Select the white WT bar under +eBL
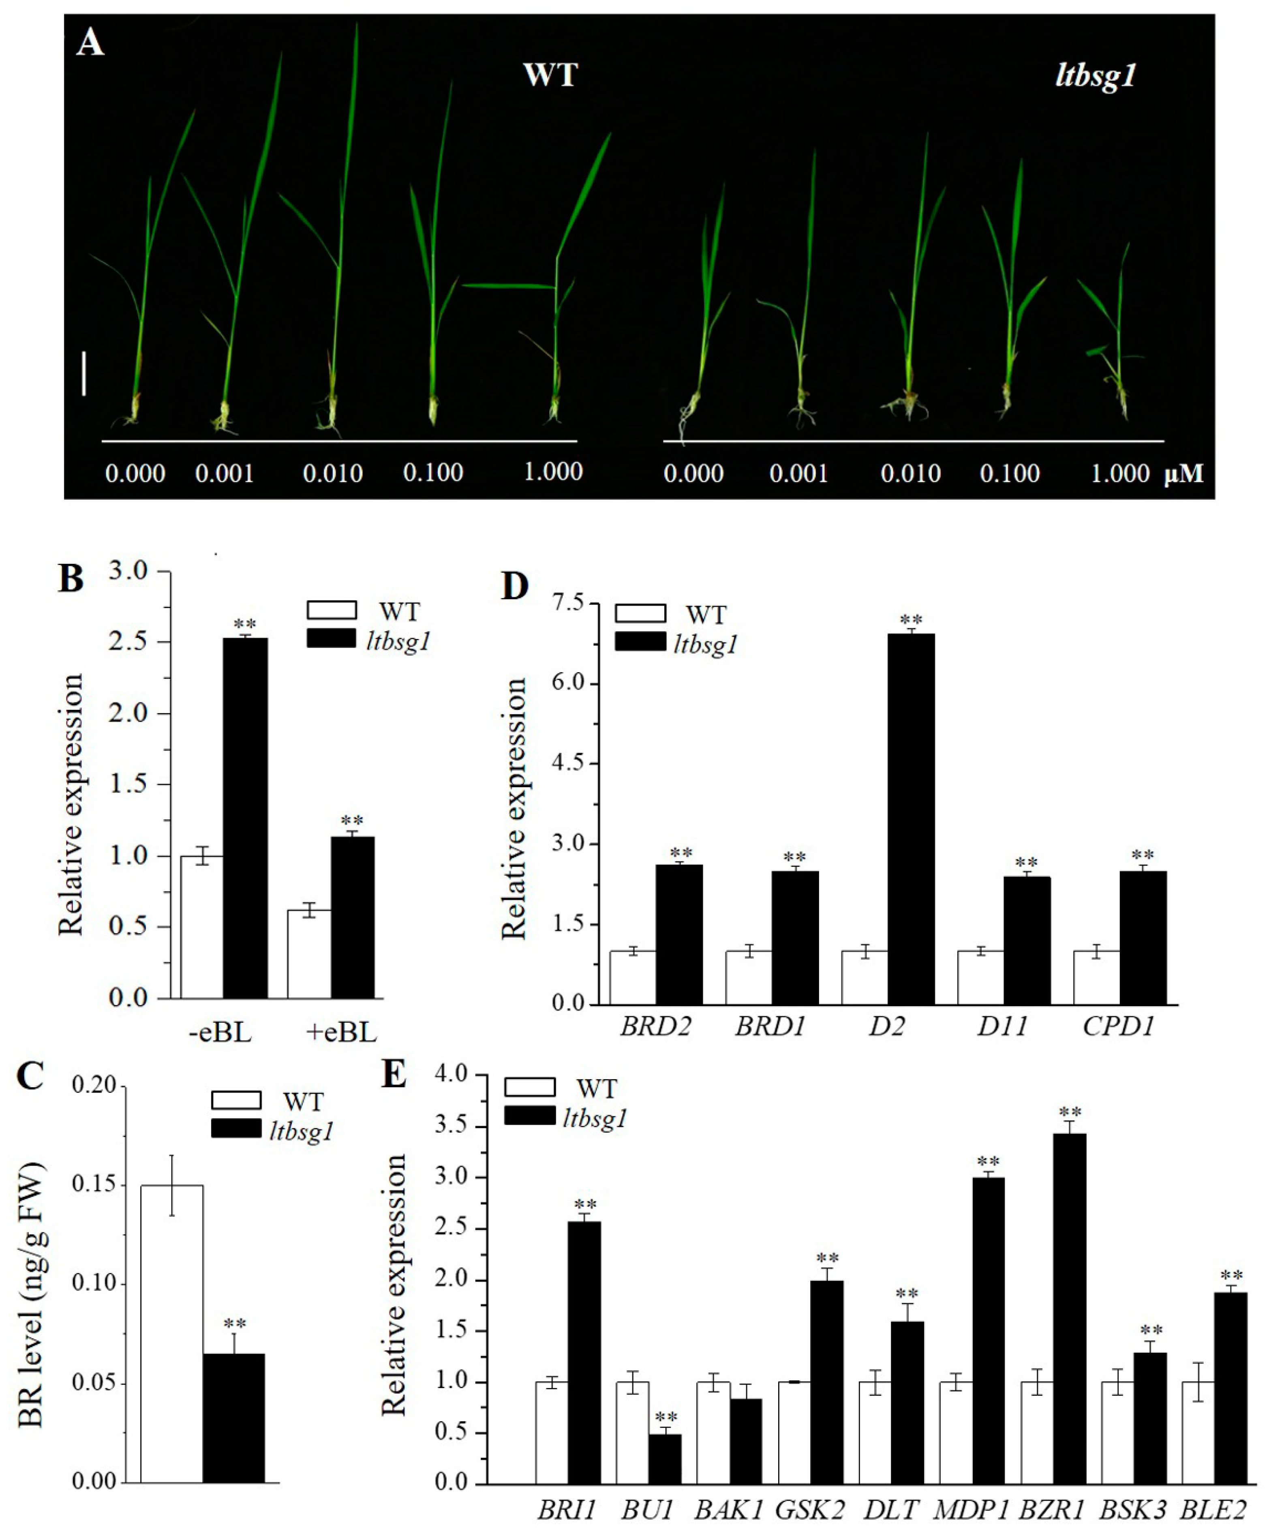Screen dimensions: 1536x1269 click(x=308, y=953)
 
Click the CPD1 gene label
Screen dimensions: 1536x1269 click(x=1118, y=1026)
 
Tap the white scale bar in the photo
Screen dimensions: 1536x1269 click(x=84, y=373)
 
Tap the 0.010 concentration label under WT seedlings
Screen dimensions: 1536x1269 click(x=333, y=474)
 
